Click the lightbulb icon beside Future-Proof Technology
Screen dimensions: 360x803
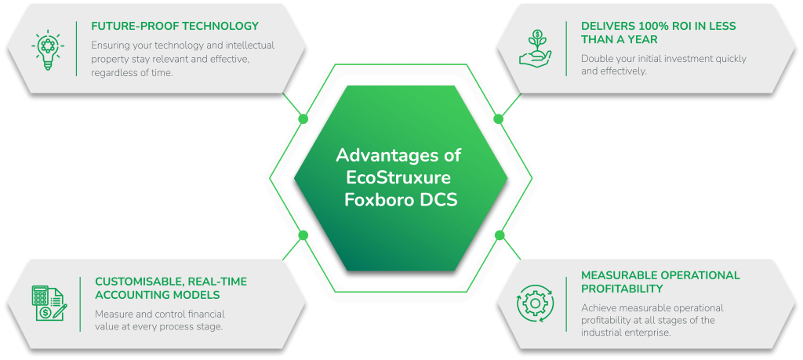pyautogui.click(x=47, y=47)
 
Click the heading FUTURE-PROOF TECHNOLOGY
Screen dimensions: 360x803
pyautogui.click(x=175, y=26)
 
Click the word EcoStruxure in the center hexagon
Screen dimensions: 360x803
pyautogui.click(x=399, y=176)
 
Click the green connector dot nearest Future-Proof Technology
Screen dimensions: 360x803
pyautogui.click(x=303, y=118)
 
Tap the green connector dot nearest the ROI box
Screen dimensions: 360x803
pyautogui.click(x=498, y=118)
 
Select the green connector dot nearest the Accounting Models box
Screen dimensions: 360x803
pyautogui.click(x=303, y=235)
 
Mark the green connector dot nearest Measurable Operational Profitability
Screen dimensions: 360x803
pyautogui.click(x=499, y=235)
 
